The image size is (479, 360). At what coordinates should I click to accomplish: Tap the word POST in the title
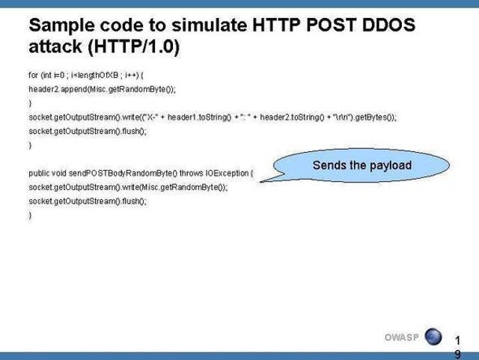coord(331,25)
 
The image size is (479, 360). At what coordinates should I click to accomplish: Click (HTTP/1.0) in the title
coord(134,46)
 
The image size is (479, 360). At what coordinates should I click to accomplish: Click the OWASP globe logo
coord(433,337)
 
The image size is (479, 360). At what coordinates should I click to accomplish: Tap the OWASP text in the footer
coord(402,337)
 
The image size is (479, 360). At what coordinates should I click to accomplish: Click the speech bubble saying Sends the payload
coord(361,165)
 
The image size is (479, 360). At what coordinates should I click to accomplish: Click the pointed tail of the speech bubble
coord(261,182)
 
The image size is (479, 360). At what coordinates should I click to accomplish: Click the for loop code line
coord(86,75)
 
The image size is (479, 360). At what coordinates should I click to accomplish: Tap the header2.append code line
coord(102,89)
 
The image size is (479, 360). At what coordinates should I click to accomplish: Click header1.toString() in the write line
coord(199,117)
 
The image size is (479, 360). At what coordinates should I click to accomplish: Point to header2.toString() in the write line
coord(292,117)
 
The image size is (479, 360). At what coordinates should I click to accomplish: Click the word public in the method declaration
coord(39,174)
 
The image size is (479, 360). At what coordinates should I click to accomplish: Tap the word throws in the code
coord(192,173)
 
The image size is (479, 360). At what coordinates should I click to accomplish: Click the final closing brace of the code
coord(30,216)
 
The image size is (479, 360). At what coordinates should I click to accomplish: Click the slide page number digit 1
coord(457,340)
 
